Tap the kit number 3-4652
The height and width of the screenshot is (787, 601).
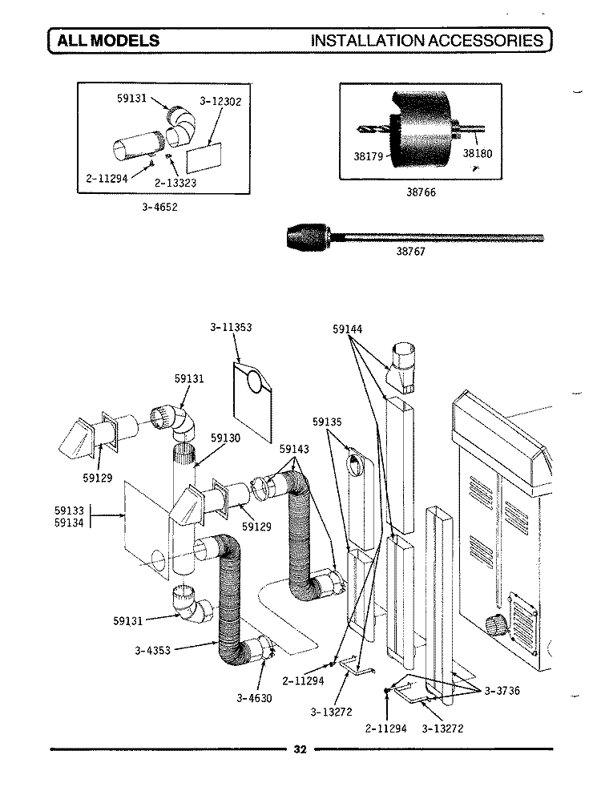click(158, 207)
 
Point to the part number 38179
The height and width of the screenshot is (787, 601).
click(369, 157)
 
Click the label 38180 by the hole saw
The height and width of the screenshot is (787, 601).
click(477, 155)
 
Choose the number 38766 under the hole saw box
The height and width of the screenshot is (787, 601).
click(421, 193)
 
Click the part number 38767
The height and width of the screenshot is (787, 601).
click(414, 249)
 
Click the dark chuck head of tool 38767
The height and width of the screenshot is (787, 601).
click(309, 236)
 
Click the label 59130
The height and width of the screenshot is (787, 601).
click(226, 438)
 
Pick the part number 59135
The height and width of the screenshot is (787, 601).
click(328, 422)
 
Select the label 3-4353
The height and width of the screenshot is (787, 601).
click(155, 650)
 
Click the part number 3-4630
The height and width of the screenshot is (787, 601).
click(255, 697)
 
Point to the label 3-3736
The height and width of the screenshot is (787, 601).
click(502, 691)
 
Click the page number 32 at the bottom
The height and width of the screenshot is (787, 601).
click(300, 750)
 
